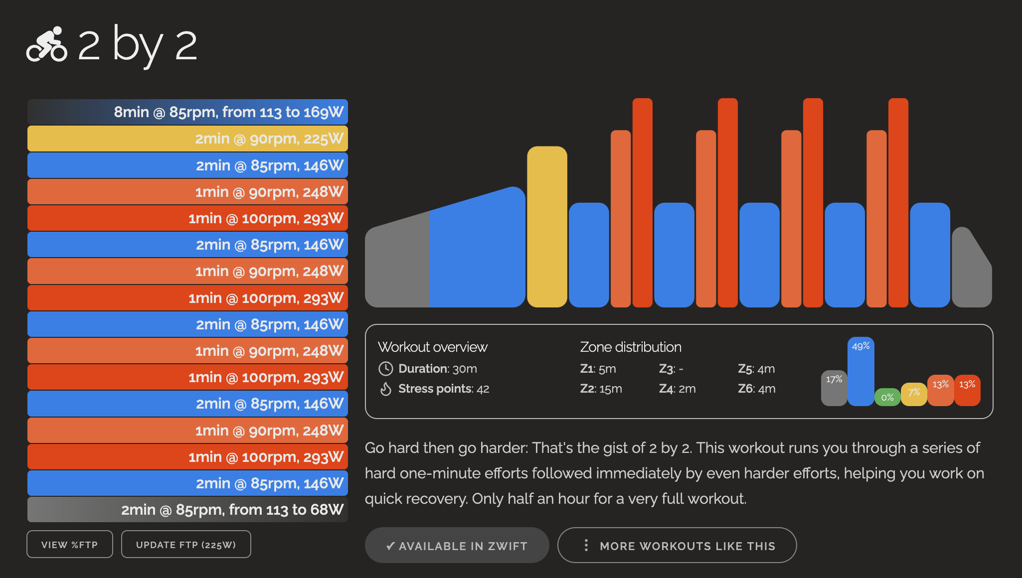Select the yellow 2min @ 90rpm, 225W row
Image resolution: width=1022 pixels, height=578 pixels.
pos(187,139)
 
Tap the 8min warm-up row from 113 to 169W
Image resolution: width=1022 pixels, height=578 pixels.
pos(187,112)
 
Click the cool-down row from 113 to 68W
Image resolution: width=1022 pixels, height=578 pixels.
pos(187,510)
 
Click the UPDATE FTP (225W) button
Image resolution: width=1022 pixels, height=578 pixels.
pos(186,545)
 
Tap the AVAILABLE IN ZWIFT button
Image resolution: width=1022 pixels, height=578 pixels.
pos(457,546)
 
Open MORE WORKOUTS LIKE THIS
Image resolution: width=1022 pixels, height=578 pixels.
pos(677,546)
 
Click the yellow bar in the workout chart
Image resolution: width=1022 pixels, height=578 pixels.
pos(547,227)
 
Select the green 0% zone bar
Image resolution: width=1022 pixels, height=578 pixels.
pos(887,397)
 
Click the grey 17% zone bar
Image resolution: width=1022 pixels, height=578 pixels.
pos(834,388)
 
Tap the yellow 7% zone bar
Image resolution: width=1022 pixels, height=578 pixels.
pos(914,394)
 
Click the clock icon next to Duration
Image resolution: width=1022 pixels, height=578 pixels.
pos(386,369)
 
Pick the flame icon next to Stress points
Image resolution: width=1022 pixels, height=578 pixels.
pos(386,389)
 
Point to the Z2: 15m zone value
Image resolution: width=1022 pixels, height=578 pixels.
pos(601,389)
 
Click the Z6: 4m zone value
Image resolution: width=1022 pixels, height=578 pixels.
pos(756,389)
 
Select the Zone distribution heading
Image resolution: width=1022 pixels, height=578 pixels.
pos(630,347)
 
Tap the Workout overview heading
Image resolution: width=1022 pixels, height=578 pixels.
pos(432,347)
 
